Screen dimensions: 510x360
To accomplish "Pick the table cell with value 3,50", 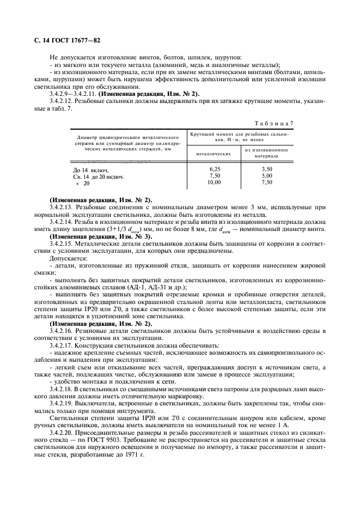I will [x=266, y=169].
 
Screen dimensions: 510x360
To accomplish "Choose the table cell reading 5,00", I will [x=266, y=176].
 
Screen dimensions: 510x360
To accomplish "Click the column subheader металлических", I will [x=213, y=154].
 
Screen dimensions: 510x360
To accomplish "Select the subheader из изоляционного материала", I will [x=266, y=152].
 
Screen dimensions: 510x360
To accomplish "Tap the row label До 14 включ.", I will [x=90, y=170].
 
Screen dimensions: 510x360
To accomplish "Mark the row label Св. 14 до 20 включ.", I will [x=99, y=177].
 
